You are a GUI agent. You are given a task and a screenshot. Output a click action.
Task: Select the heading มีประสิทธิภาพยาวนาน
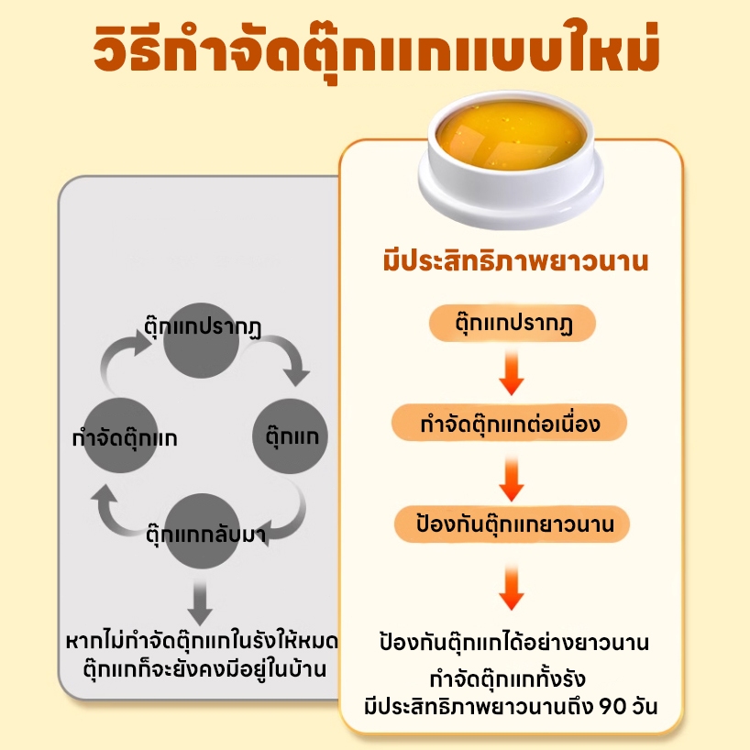[x=514, y=261]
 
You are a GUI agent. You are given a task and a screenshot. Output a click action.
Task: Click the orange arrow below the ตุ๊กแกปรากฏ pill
[x=511, y=372]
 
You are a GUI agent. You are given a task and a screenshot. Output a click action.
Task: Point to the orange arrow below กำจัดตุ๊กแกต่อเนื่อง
[x=511, y=474]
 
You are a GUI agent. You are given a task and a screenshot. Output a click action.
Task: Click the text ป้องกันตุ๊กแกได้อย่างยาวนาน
[x=514, y=642]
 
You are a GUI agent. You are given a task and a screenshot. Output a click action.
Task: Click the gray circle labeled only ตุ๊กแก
[x=290, y=436]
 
